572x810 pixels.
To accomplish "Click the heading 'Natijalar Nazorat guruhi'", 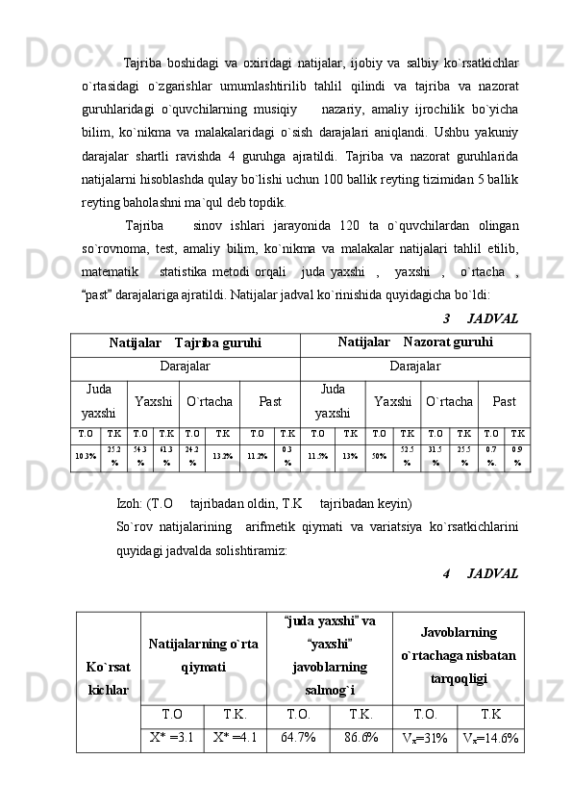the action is click(415, 342).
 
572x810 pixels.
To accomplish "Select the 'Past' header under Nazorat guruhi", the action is click(504, 399).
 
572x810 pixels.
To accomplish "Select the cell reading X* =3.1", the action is click(172, 739).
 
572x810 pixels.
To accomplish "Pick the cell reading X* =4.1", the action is click(235, 739).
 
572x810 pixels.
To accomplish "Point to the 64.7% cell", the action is click(298, 739).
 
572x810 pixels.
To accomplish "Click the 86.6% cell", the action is click(361, 739).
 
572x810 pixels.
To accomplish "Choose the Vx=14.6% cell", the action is click(490, 739).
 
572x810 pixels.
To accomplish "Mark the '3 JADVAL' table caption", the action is click(481, 318).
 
